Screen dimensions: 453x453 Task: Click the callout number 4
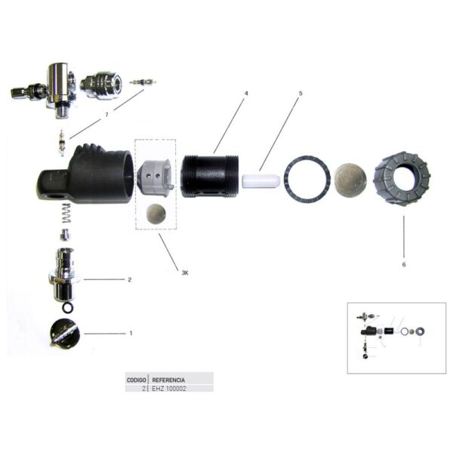tap(246, 94)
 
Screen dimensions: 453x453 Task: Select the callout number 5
tap(300, 94)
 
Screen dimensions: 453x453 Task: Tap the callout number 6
tap(404, 264)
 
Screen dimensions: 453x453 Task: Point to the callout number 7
tap(106, 115)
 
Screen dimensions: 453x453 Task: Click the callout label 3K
tap(185, 273)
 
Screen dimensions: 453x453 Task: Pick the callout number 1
tap(131, 333)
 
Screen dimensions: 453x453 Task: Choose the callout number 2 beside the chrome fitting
tap(130, 279)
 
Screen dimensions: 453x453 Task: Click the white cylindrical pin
tap(261, 180)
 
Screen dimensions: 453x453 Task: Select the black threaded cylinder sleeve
tap(210, 176)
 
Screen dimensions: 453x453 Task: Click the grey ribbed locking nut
tap(402, 177)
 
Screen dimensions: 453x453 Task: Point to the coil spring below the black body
tap(66, 213)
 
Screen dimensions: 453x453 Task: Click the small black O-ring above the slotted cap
tap(67, 307)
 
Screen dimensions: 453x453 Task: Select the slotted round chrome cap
tap(65, 333)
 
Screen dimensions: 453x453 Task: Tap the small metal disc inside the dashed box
tap(156, 214)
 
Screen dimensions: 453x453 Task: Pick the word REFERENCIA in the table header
tap(168, 380)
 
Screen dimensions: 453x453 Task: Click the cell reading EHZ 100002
tap(169, 389)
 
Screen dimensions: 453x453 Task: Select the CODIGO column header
tap(137, 380)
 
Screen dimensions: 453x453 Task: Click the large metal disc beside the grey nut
tap(351, 178)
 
